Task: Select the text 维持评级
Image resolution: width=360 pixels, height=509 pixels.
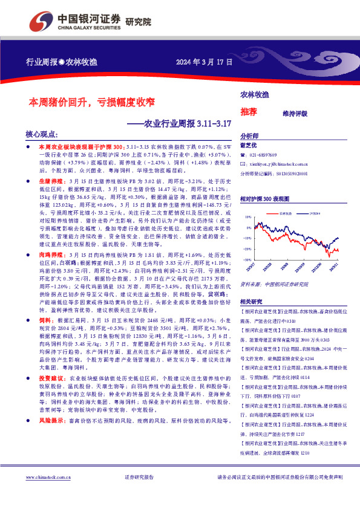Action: (x=295, y=113)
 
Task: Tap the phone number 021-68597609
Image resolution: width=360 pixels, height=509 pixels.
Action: (x=267, y=155)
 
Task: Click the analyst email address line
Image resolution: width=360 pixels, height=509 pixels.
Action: (x=282, y=164)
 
